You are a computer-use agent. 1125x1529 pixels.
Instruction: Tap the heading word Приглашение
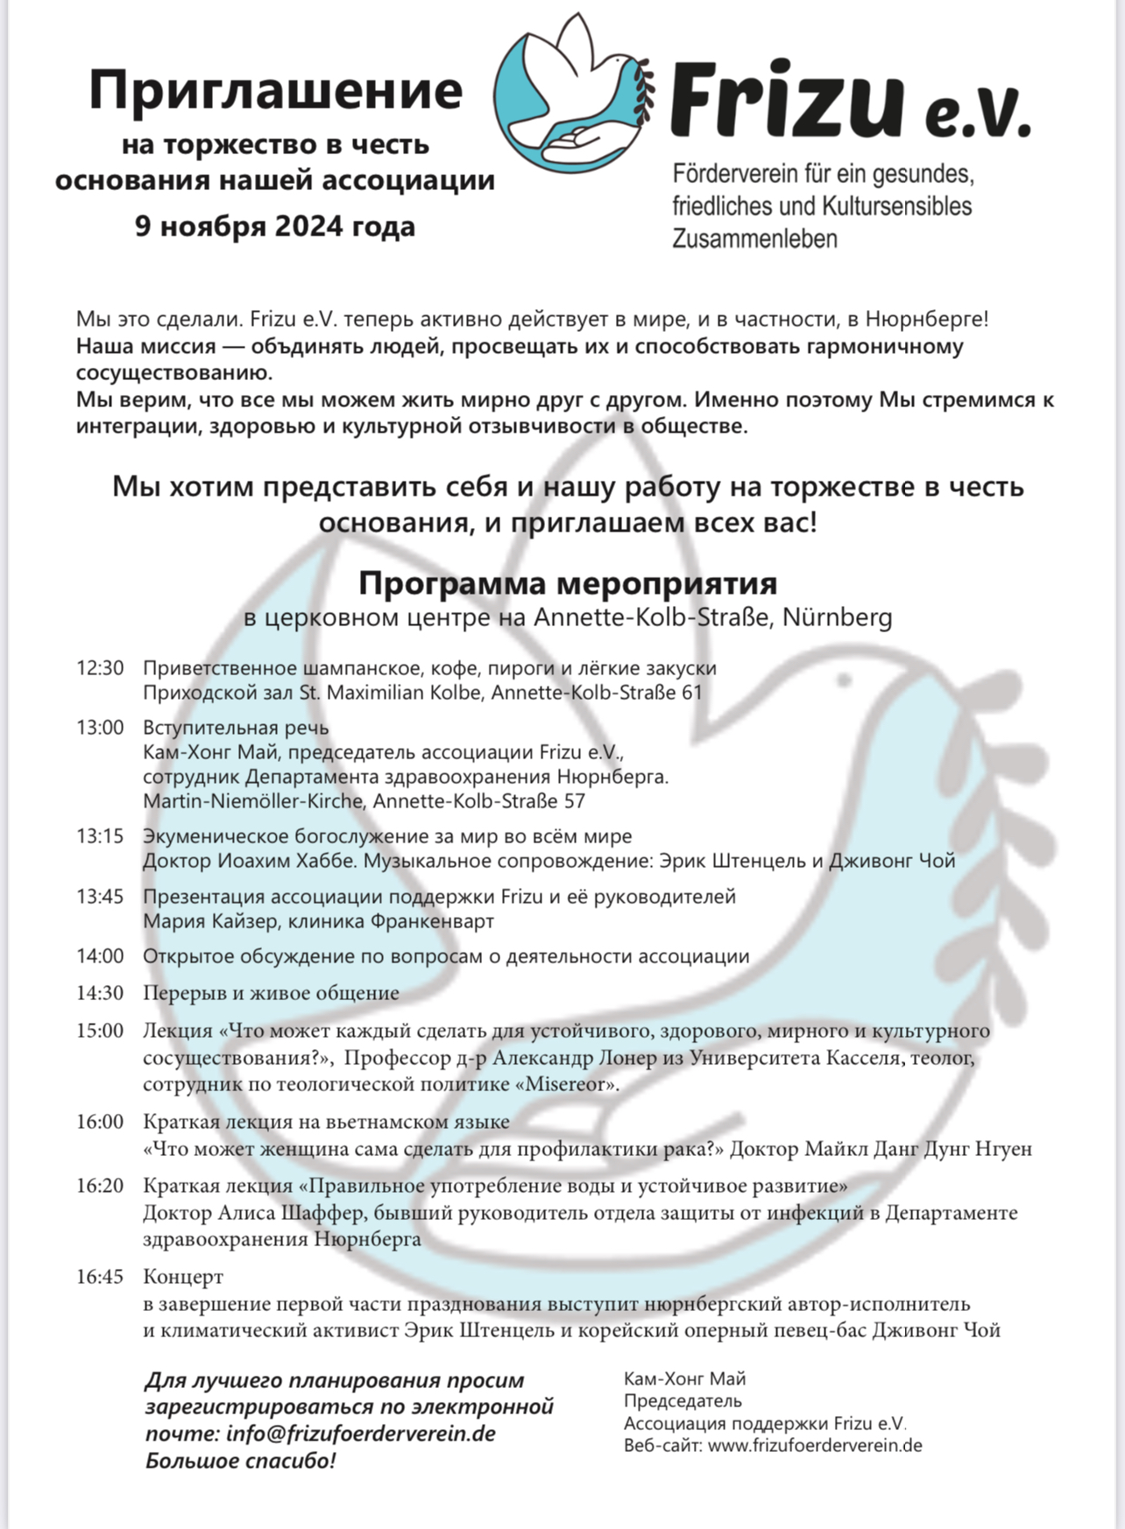click(x=275, y=91)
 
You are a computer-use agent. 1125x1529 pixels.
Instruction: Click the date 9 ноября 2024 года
click(x=275, y=226)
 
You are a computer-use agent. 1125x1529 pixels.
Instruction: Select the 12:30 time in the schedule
click(x=100, y=668)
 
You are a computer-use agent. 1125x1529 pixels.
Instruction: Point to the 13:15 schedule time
click(x=100, y=836)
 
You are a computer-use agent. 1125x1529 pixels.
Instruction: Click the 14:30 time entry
click(x=100, y=993)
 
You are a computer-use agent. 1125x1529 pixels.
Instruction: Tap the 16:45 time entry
click(x=100, y=1277)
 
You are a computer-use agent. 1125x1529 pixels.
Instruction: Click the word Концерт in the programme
click(x=183, y=1277)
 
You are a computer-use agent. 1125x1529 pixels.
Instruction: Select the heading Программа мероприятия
click(x=568, y=582)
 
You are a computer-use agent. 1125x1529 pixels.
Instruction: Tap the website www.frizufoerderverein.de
click(x=815, y=1446)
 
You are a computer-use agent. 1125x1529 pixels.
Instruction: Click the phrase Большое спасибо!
click(x=240, y=1461)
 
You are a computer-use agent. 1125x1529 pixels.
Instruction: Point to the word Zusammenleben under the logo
click(x=754, y=238)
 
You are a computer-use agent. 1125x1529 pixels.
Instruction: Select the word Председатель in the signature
click(x=683, y=1401)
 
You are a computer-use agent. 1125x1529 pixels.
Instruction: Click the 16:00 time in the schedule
click(x=100, y=1122)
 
